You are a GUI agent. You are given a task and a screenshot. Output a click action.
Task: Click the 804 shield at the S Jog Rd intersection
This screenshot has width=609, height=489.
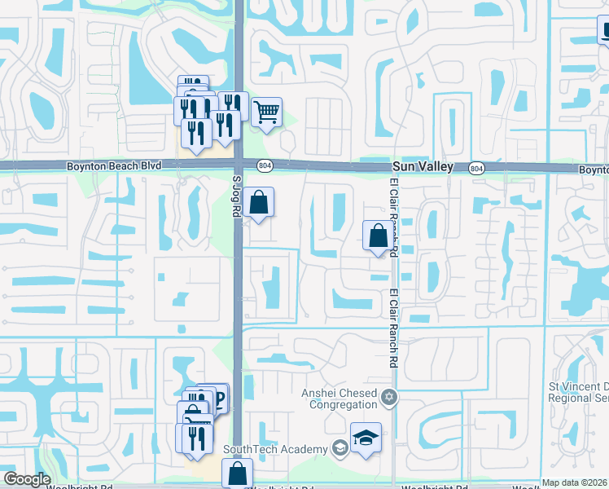coord(264,165)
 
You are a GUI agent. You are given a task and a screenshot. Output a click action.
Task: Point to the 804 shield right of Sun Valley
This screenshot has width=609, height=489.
coord(476,167)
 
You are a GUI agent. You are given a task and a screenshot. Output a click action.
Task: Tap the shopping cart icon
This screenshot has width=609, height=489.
coord(266,112)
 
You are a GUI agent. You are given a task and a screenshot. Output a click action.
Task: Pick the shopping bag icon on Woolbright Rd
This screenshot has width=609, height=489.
coord(237,473)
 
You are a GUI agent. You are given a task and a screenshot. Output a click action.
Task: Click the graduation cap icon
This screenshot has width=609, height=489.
coord(366,438)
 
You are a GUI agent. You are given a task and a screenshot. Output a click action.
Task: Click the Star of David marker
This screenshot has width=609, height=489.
coord(389,398)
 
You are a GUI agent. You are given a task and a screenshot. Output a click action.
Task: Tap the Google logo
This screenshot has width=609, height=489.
coord(26,480)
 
